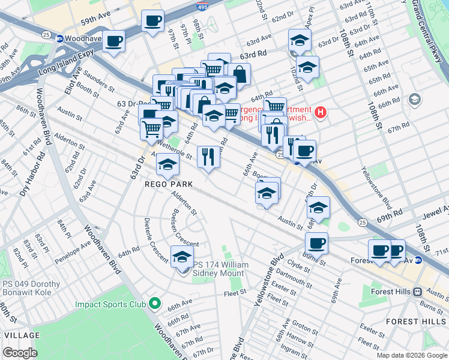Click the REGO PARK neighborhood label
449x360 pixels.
point(169,184)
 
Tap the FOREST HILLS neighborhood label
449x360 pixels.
point(411,322)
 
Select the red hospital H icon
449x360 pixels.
point(321,112)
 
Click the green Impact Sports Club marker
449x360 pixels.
point(155,304)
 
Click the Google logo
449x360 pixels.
point(20,353)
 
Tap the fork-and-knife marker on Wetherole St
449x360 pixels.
point(208,157)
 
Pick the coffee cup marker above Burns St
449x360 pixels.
point(316,243)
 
